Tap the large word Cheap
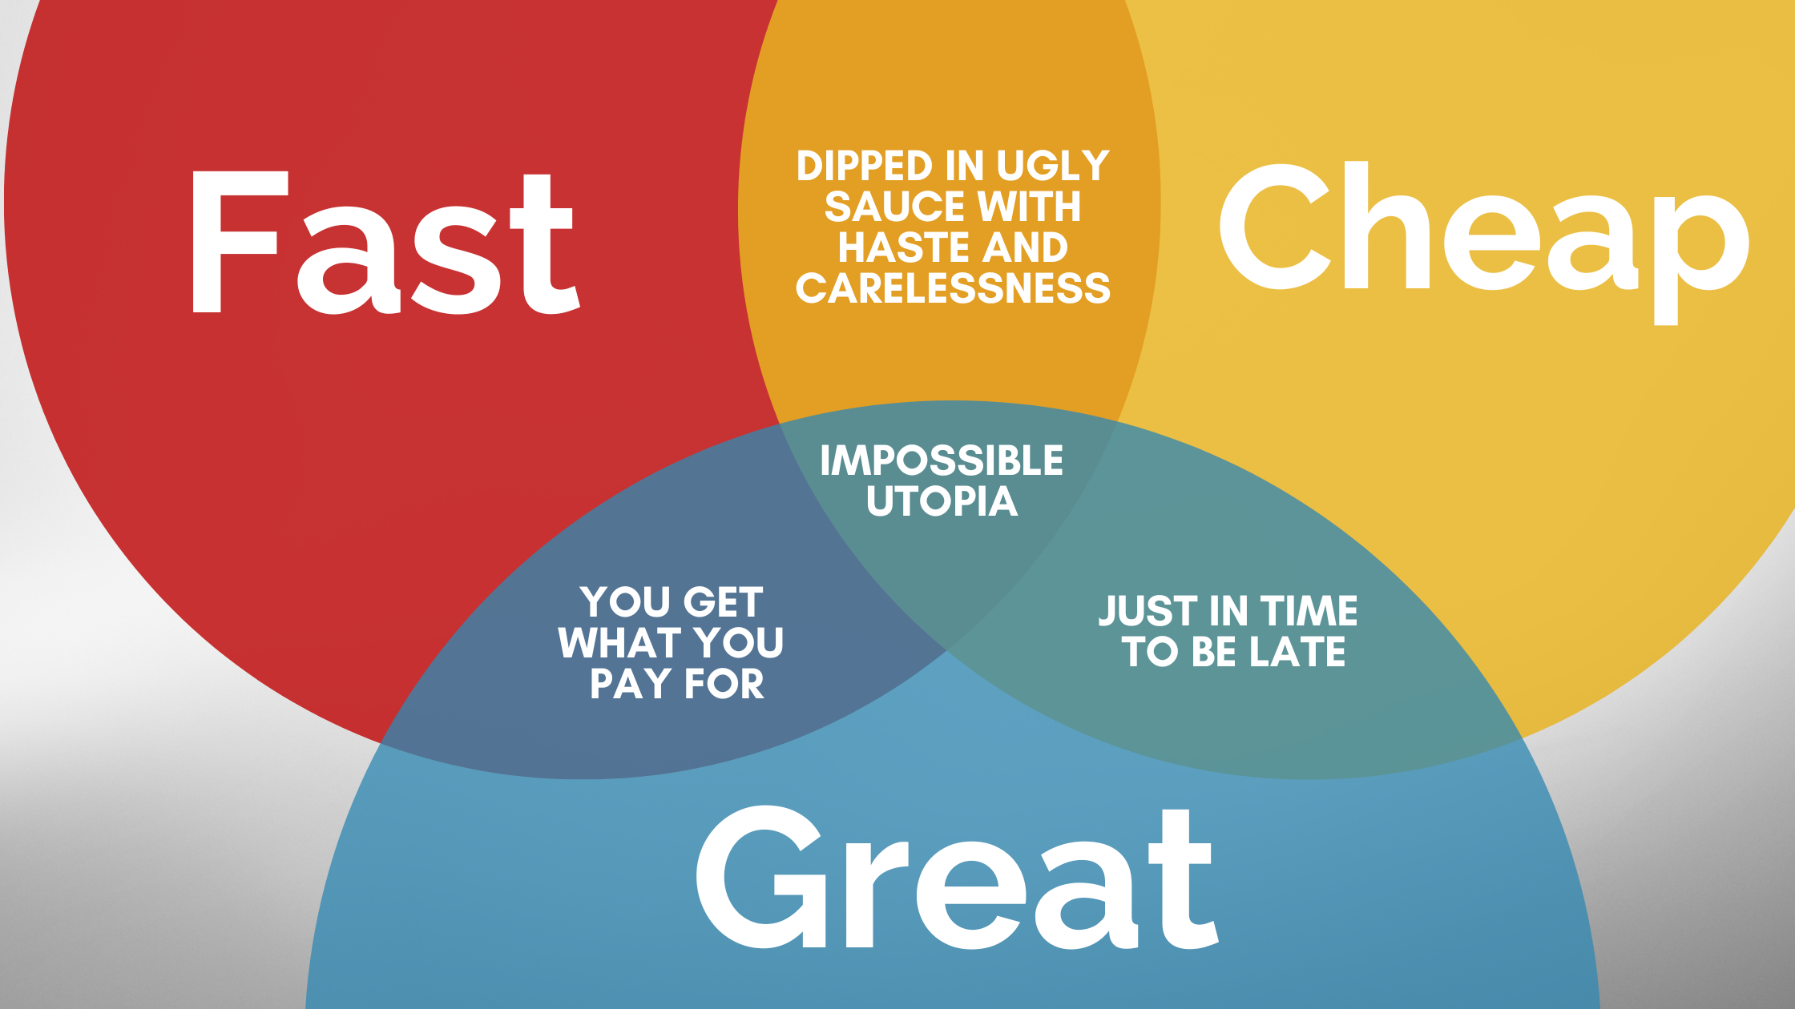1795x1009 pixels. point(1482,232)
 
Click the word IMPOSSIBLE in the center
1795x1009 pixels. point(942,461)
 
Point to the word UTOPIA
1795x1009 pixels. point(942,502)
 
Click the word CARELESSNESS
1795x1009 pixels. point(953,288)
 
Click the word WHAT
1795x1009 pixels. point(620,643)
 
